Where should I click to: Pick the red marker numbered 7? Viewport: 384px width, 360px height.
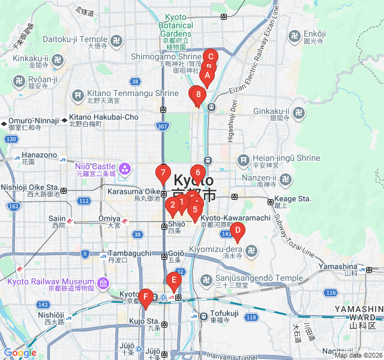coord(163,174)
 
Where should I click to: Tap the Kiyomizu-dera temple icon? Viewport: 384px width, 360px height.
coord(252,249)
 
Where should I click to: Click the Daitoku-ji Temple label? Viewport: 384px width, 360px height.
coord(74,39)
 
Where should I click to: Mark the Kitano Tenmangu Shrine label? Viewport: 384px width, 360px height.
coord(133,94)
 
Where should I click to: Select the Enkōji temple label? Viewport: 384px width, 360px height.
coord(314,34)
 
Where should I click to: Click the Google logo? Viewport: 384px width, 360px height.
coord(20,353)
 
